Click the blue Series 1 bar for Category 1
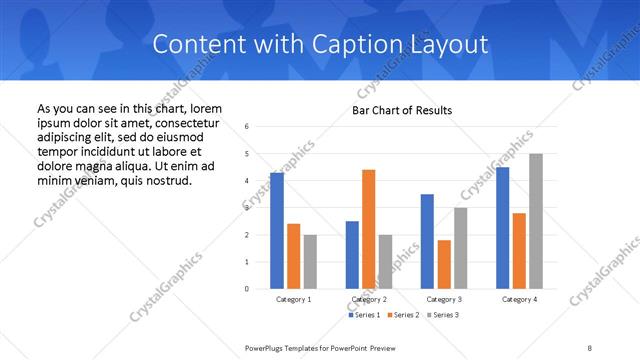[x=276, y=230]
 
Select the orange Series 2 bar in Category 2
[x=369, y=229]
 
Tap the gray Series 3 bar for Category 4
[x=536, y=221]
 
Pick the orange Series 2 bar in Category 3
[x=444, y=264]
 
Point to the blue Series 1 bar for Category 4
[x=502, y=228]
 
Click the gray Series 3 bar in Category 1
[x=310, y=261]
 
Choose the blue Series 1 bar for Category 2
[x=352, y=255]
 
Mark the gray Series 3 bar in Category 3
[x=460, y=248]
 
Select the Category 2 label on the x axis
[x=369, y=299]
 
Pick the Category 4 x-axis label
[x=518, y=299]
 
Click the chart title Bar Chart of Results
[x=402, y=110]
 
